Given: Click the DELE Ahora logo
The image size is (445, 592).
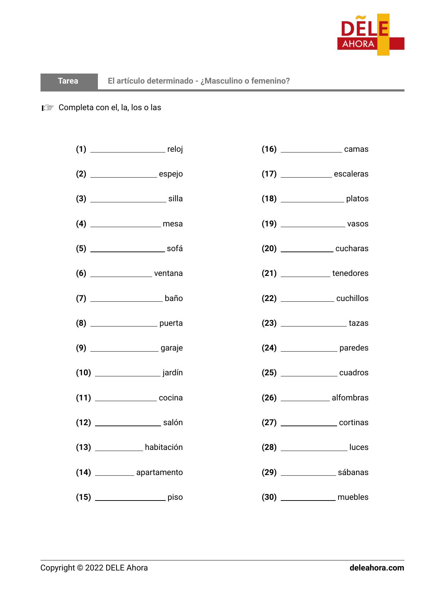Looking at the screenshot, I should click(370, 35).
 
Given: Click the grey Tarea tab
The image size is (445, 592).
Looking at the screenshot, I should click(68, 81).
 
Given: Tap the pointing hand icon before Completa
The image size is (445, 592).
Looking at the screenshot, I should click(47, 108).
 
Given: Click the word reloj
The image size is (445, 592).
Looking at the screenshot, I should click(175, 149).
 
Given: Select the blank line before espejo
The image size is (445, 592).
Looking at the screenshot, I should click(123, 177).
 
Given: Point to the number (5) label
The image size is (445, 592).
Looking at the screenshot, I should click(81, 249).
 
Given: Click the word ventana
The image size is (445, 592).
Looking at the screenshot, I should click(168, 273).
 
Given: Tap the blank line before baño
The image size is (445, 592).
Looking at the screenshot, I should click(126, 301).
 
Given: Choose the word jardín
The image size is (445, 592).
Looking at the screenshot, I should click(172, 373).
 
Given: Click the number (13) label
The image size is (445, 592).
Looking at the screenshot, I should click(83, 447).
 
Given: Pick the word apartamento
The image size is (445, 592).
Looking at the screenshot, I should click(159, 473).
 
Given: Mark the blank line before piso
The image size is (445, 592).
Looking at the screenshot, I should click(130, 500).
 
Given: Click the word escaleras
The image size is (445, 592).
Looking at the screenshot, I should click(351, 174).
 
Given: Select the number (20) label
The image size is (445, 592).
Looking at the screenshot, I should click(269, 249).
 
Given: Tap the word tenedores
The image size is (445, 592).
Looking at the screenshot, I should click(350, 273).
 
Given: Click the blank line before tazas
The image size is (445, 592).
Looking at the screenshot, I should click(313, 326).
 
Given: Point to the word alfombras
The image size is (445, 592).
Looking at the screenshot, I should click(350, 398).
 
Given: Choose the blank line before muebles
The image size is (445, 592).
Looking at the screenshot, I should click(308, 500).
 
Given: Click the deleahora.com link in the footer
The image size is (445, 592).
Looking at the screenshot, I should click(377, 568).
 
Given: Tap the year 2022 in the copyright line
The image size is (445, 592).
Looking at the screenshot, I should click(94, 568).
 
